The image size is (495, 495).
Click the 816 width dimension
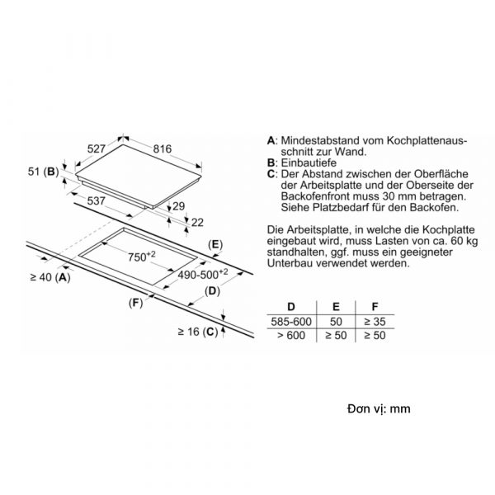pyautogui.click(x=163, y=148)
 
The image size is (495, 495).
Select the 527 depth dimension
pyautogui.click(x=96, y=148)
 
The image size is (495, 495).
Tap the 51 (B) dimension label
pyautogui.click(x=44, y=172)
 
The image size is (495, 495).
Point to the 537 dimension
pyautogui.click(x=96, y=200)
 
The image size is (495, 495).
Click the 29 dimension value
pyautogui.click(x=179, y=206)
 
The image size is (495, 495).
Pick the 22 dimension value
pyautogui.click(x=197, y=223)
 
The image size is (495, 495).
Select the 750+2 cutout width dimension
pyautogui.click(x=142, y=257)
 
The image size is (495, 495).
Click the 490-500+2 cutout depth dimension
pyautogui.click(x=203, y=274)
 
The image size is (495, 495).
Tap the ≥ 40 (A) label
pyautogui.click(x=50, y=277)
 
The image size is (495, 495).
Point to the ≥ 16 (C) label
pyautogui.click(x=198, y=332)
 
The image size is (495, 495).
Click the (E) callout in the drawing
pyautogui.click(x=215, y=245)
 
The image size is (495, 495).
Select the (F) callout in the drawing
pyautogui.click(x=136, y=303)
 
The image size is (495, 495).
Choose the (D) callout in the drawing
pyautogui.click(x=212, y=290)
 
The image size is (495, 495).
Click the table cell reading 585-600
pyautogui.click(x=291, y=322)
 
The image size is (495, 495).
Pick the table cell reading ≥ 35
pyautogui.click(x=375, y=322)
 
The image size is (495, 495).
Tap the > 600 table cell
pyautogui.click(x=291, y=335)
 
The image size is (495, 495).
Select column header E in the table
pyautogui.click(x=336, y=307)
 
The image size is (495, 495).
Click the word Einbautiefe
pyautogui.click(x=309, y=163)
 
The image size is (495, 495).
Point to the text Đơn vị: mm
pyautogui.click(x=379, y=409)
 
